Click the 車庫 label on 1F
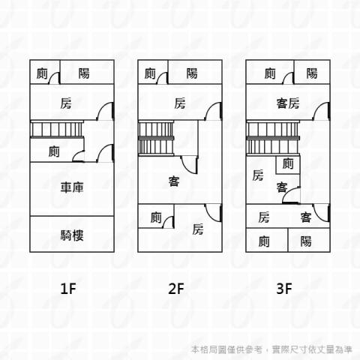pos(72,187)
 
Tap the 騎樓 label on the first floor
pos(72,235)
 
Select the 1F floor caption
pos(68,289)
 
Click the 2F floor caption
pos(176,289)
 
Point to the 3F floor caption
pos(284,289)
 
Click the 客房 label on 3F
pos(288,103)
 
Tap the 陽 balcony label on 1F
pos(84,73)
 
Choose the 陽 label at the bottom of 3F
pos(306,241)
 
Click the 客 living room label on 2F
pos(174,181)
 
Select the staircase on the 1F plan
pos(56,129)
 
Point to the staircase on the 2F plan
pos(156,138)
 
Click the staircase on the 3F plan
pos(273,138)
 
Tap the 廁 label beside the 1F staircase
pos(54,151)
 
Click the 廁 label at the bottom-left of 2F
pos(156,217)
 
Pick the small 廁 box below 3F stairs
pos(288,165)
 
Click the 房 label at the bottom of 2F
pos(198,229)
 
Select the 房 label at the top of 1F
pos(66,103)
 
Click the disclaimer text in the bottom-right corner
pos(272,349)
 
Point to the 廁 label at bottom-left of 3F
pos(264,241)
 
